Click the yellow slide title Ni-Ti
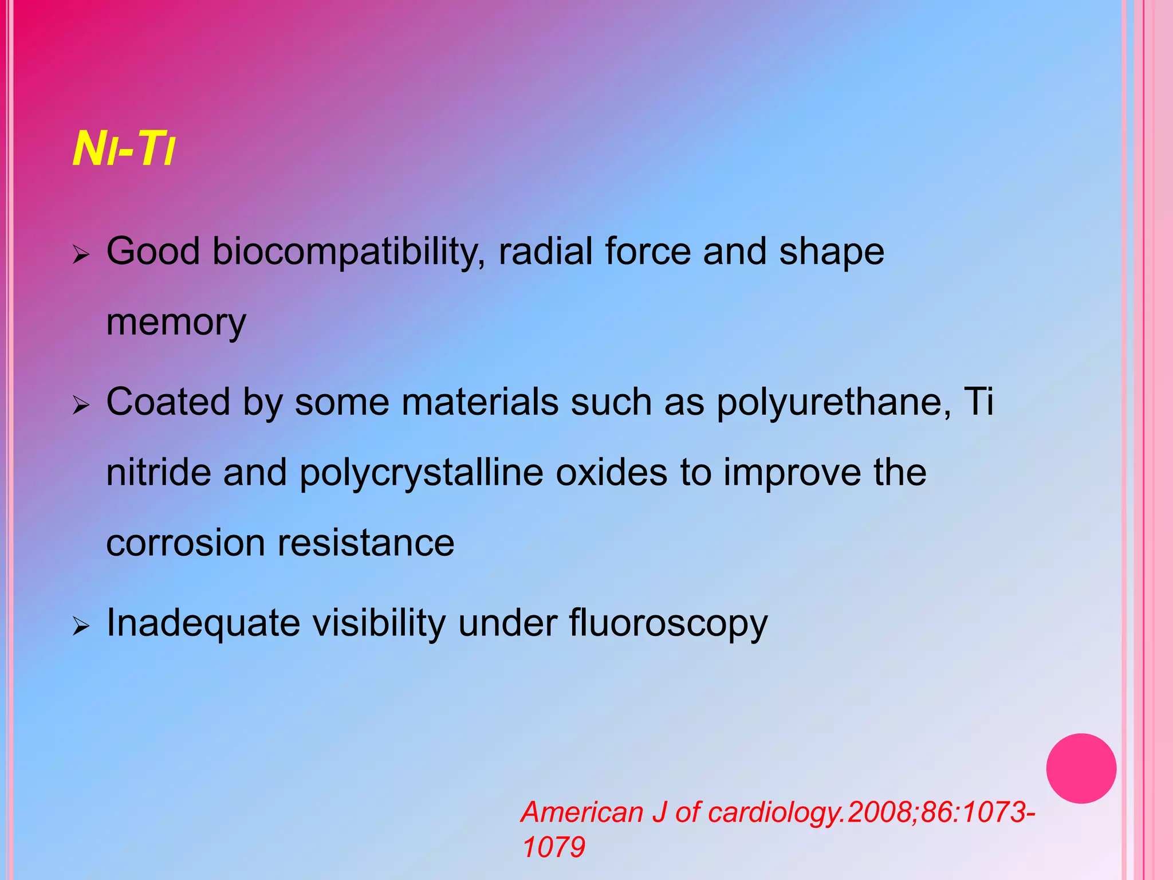tap(123, 150)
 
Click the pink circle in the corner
tap(1081, 768)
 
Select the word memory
tap(176, 323)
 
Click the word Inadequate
tap(203, 623)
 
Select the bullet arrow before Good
tap(81, 254)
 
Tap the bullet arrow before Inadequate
tap(81, 627)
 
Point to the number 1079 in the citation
tap(554, 847)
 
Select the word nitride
tap(158, 473)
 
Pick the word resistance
tap(366, 543)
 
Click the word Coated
tap(168, 402)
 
